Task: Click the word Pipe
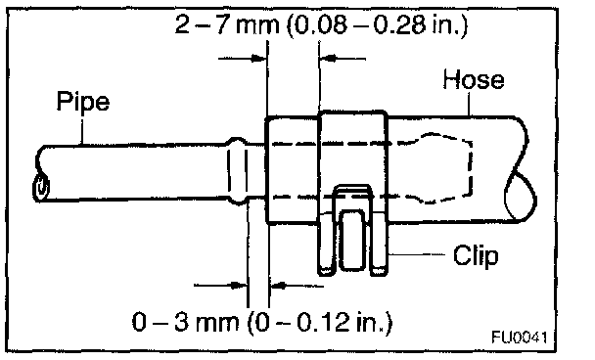tap(83, 102)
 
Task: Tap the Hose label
tap(474, 79)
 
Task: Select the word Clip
tap(476, 255)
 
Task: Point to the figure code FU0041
tap(519, 337)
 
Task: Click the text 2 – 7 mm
tap(227, 25)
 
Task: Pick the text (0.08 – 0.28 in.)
tap(377, 25)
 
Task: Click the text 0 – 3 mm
tap(186, 323)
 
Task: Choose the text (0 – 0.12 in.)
tap(320, 323)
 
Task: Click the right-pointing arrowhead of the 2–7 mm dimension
tap(259, 59)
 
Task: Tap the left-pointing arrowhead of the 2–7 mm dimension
tap(328, 59)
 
